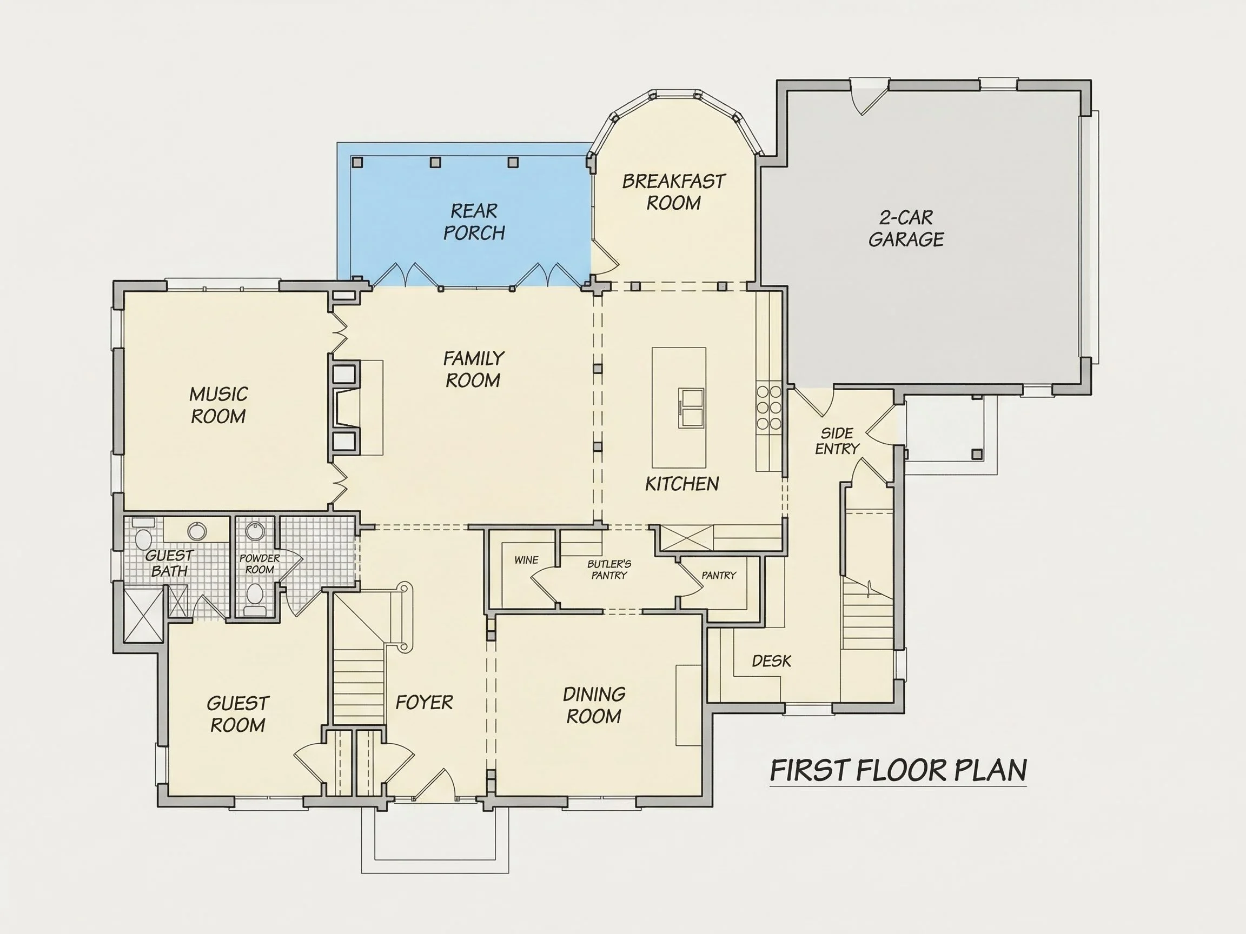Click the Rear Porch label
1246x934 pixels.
pyautogui.click(x=474, y=222)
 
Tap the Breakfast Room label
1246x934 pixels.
pyautogui.click(x=674, y=192)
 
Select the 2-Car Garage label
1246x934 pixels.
pyautogui.click(x=906, y=229)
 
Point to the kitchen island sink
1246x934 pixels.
pyautogui.click(x=691, y=408)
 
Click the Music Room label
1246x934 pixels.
pyautogui.click(x=218, y=405)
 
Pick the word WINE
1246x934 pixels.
pyautogui.click(x=526, y=560)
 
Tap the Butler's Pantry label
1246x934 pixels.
pyautogui.click(x=609, y=569)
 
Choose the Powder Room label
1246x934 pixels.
pyautogui.click(x=260, y=564)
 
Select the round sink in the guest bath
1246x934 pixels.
pyautogui.click(x=197, y=530)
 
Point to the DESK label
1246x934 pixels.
pyautogui.click(x=771, y=661)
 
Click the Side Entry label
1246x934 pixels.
pyautogui.click(x=837, y=441)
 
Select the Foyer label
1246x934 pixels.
pyautogui.click(x=424, y=703)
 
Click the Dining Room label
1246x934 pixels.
pyautogui.click(x=594, y=705)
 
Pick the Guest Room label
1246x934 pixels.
pyautogui.click(x=238, y=714)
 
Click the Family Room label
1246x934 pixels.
pyautogui.click(x=473, y=369)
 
